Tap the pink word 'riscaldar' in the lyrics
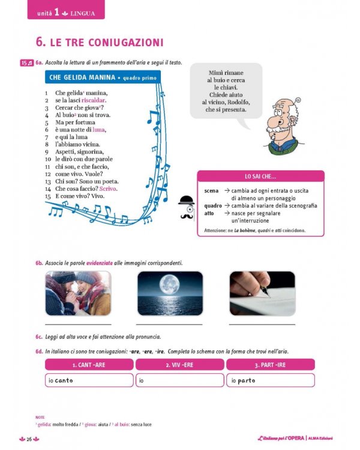(94, 100)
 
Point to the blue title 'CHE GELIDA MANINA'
(82, 77)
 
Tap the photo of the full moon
(170, 293)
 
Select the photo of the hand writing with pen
(262, 293)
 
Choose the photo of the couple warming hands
(78, 293)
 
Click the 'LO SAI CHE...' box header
(260, 176)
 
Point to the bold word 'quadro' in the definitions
(213, 206)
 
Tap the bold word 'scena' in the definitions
(211, 191)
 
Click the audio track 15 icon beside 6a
(26, 62)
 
